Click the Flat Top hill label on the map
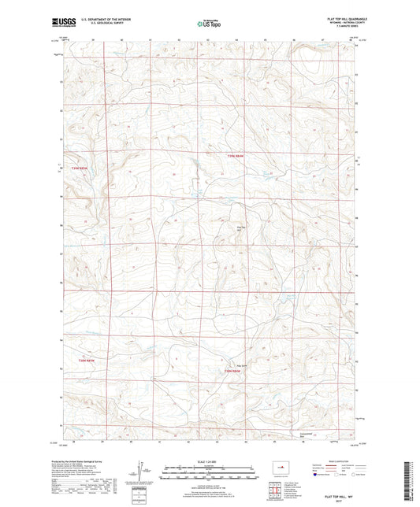coord(243,229)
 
